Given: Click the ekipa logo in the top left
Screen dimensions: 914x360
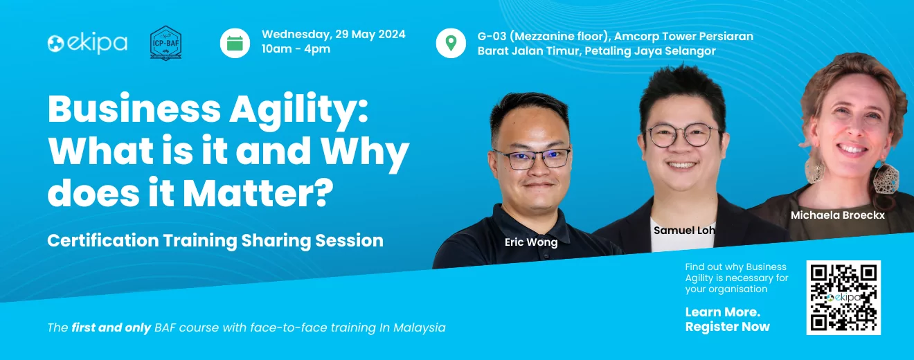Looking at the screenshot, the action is tap(87, 43).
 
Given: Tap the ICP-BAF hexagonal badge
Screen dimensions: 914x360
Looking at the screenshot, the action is tap(165, 43).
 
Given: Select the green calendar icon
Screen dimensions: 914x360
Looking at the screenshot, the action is tap(235, 43).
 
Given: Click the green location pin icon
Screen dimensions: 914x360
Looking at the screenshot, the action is tap(451, 43).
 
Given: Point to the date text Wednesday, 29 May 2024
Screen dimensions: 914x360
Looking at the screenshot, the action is tap(333, 35).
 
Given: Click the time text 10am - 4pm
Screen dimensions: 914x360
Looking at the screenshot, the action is tap(296, 49).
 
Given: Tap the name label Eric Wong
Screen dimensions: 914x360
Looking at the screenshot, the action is tap(531, 242).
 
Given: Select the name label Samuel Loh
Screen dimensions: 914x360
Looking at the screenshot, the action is tap(684, 231).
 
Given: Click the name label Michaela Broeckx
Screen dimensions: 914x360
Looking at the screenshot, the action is tap(838, 215).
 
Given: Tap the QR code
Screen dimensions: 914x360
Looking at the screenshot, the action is tap(843, 298).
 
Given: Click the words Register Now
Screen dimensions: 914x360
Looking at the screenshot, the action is tap(728, 327).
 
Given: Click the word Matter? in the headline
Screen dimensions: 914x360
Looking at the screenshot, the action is tap(258, 193).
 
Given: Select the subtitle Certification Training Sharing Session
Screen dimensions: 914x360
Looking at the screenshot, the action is tap(215, 241).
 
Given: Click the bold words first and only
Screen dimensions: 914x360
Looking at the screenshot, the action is tap(111, 327).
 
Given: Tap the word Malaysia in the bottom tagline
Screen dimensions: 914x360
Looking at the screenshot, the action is tap(420, 327).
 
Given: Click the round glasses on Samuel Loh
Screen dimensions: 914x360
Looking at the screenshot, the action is tap(683, 136).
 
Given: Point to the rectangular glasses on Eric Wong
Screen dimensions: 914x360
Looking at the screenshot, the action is tap(532, 159).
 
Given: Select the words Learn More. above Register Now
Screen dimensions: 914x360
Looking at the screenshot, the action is tap(723, 312).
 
